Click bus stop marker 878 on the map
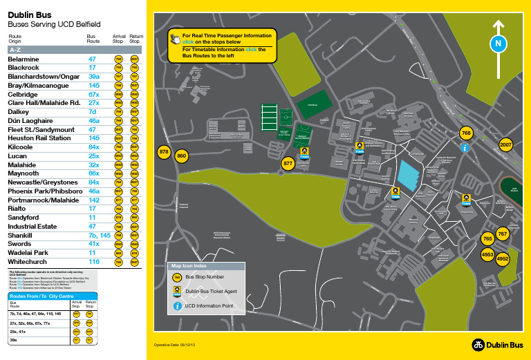pyautogui.click(x=164, y=151)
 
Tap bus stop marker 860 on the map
pyautogui.click(x=182, y=156)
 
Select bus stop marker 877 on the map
pyautogui.click(x=289, y=163)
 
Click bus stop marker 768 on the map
pyautogui.click(x=466, y=132)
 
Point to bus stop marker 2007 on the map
pyautogui.click(x=505, y=144)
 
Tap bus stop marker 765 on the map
pyautogui.click(x=487, y=239)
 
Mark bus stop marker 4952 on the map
pyautogui.click(x=503, y=258)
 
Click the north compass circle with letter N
pyautogui.click(x=496, y=43)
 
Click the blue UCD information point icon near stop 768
pyautogui.click(x=466, y=147)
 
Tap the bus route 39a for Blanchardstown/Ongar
pyautogui.click(x=94, y=76)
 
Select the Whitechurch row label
pyautogui.click(x=26, y=263)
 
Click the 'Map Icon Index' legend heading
pyautogui.click(x=190, y=264)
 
